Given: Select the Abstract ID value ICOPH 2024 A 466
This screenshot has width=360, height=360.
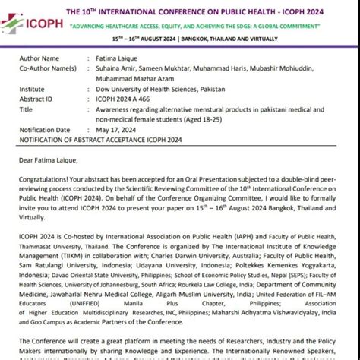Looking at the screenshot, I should pyautogui.click(x=125, y=98).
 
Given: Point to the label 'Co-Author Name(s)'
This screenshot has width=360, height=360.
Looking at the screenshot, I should pyautogui.click(x=49, y=68).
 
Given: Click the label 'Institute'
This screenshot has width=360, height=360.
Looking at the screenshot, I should pyautogui.click(x=34, y=88).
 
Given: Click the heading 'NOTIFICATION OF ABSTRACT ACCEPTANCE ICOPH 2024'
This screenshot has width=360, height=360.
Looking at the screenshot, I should pyautogui.click(x=103, y=139).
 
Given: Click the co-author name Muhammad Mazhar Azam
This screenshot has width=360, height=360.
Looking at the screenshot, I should pyautogui.click(x=136, y=78).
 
